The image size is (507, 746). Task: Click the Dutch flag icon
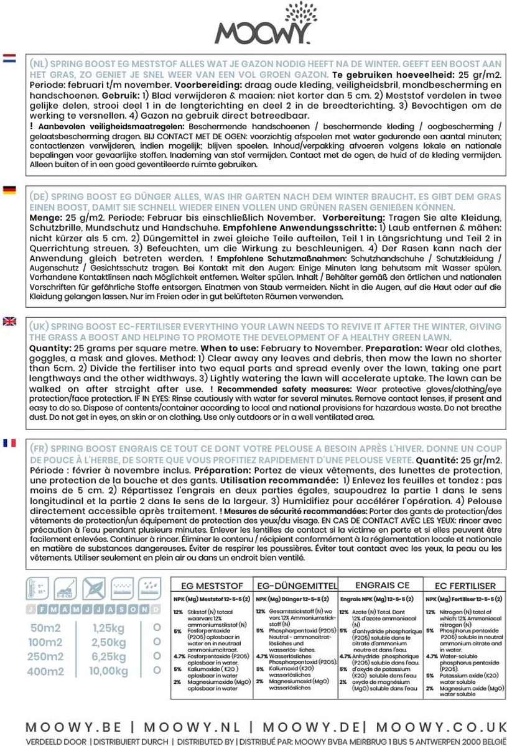tap(9, 59)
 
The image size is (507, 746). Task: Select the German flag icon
tap(9, 190)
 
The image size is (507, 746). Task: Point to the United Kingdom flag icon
tap(9, 321)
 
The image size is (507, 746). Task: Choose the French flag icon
tap(9, 443)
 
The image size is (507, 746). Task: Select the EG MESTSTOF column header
tap(208, 586)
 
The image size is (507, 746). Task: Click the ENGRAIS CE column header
tap(381, 585)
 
